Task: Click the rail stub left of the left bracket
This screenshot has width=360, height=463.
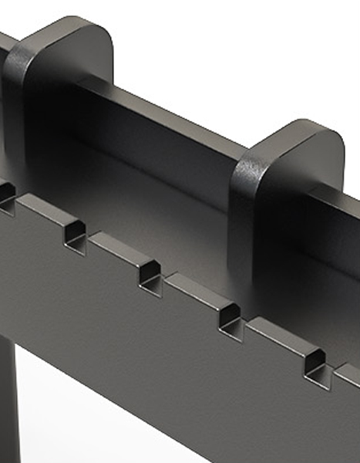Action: click(6, 46)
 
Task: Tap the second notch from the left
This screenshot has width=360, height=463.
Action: click(75, 233)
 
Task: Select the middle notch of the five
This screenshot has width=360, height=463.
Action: click(150, 275)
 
